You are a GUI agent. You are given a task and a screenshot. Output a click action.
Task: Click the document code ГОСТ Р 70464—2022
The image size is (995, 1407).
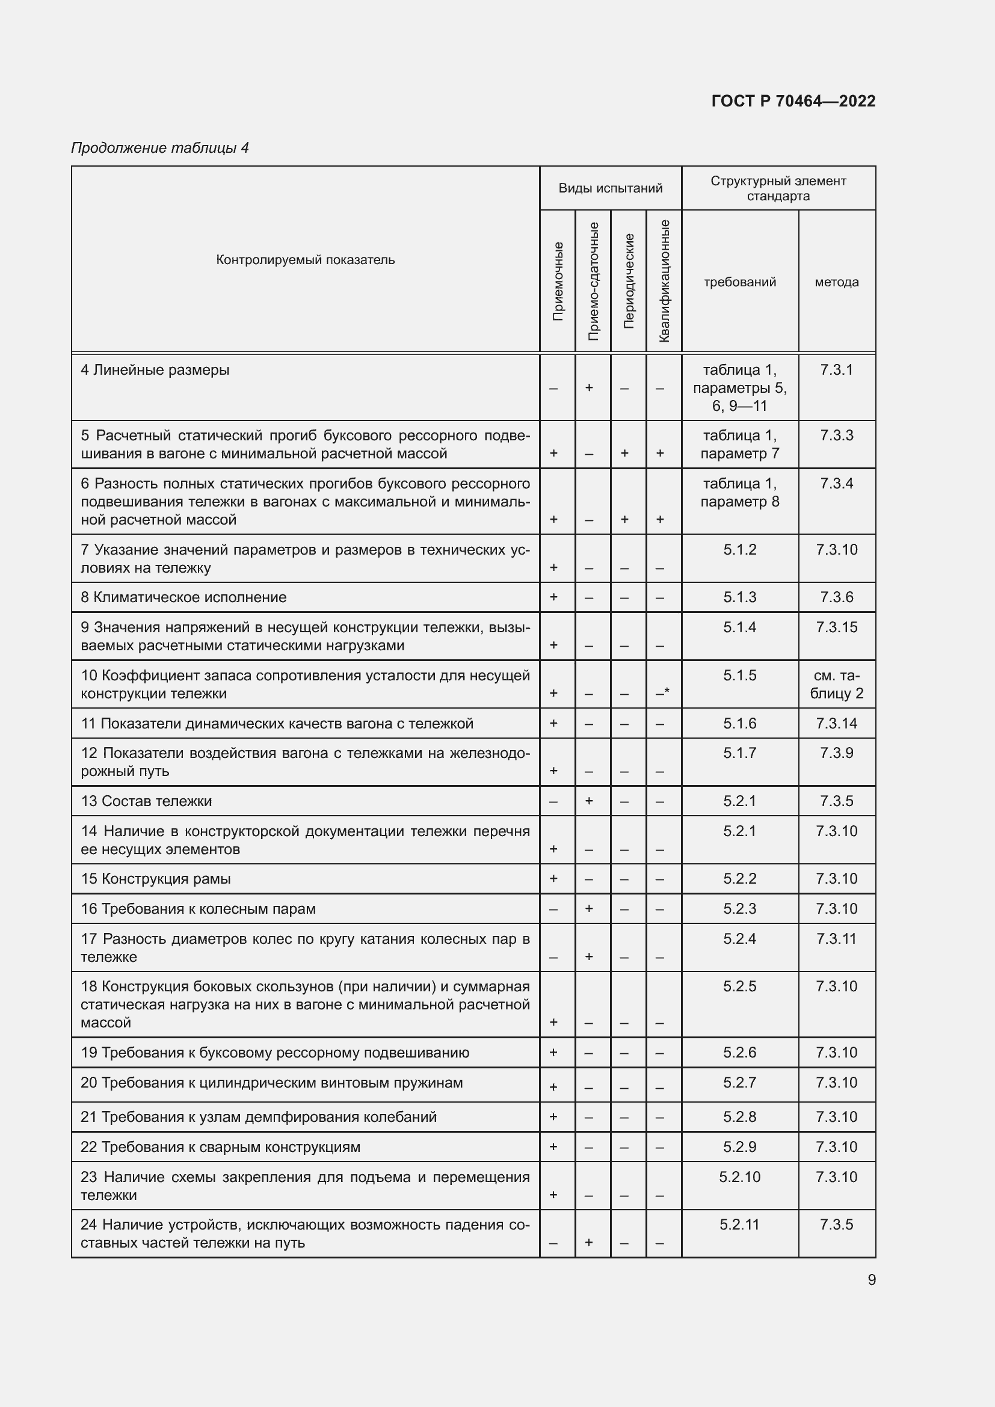(x=793, y=101)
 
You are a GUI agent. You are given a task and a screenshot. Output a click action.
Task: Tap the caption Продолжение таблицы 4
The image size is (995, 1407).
(x=160, y=148)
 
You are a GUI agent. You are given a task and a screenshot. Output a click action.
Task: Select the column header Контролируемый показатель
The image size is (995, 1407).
(x=305, y=260)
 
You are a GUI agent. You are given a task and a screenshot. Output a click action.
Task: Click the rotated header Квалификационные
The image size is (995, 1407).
(x=664, y=281)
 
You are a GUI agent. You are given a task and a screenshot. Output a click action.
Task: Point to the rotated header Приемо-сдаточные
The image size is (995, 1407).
(x=593, y=281)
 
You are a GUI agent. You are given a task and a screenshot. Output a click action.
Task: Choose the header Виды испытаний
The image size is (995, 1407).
(x=610, y=188)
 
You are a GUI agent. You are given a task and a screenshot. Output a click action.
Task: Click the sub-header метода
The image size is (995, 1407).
(x=836, y=282)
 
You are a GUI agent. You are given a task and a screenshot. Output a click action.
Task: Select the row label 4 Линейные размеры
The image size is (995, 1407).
(x=155, y=370)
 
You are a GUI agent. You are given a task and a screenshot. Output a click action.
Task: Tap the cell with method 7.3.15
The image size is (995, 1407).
(x=836, y=627)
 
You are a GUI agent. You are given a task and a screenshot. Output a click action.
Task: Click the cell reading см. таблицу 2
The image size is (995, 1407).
(x=836, y=685)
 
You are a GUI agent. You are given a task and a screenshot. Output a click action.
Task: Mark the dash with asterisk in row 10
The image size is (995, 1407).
(x=662, y=692)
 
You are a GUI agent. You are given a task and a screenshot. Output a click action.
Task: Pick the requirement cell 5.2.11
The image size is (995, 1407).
(x=739, y=1224)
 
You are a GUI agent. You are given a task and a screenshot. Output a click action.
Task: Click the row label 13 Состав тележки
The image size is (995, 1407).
(x=146, y=801)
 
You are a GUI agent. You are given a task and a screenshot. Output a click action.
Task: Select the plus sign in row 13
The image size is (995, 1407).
(x=589, y=800)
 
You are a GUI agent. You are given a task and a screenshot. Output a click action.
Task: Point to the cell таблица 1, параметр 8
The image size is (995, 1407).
(x=739, y=493)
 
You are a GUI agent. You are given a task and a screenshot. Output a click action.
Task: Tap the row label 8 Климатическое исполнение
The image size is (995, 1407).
(x=184, y=597)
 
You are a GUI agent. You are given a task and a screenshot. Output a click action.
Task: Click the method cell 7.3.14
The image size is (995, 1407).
(x=836, y=723)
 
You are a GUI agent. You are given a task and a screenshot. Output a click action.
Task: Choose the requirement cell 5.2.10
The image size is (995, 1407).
(x=739, y=1177)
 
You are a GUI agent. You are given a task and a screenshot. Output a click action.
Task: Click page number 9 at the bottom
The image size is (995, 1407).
(x=871, y=1280)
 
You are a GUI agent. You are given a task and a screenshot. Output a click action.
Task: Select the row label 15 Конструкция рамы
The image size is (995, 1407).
(x=156, y=879)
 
